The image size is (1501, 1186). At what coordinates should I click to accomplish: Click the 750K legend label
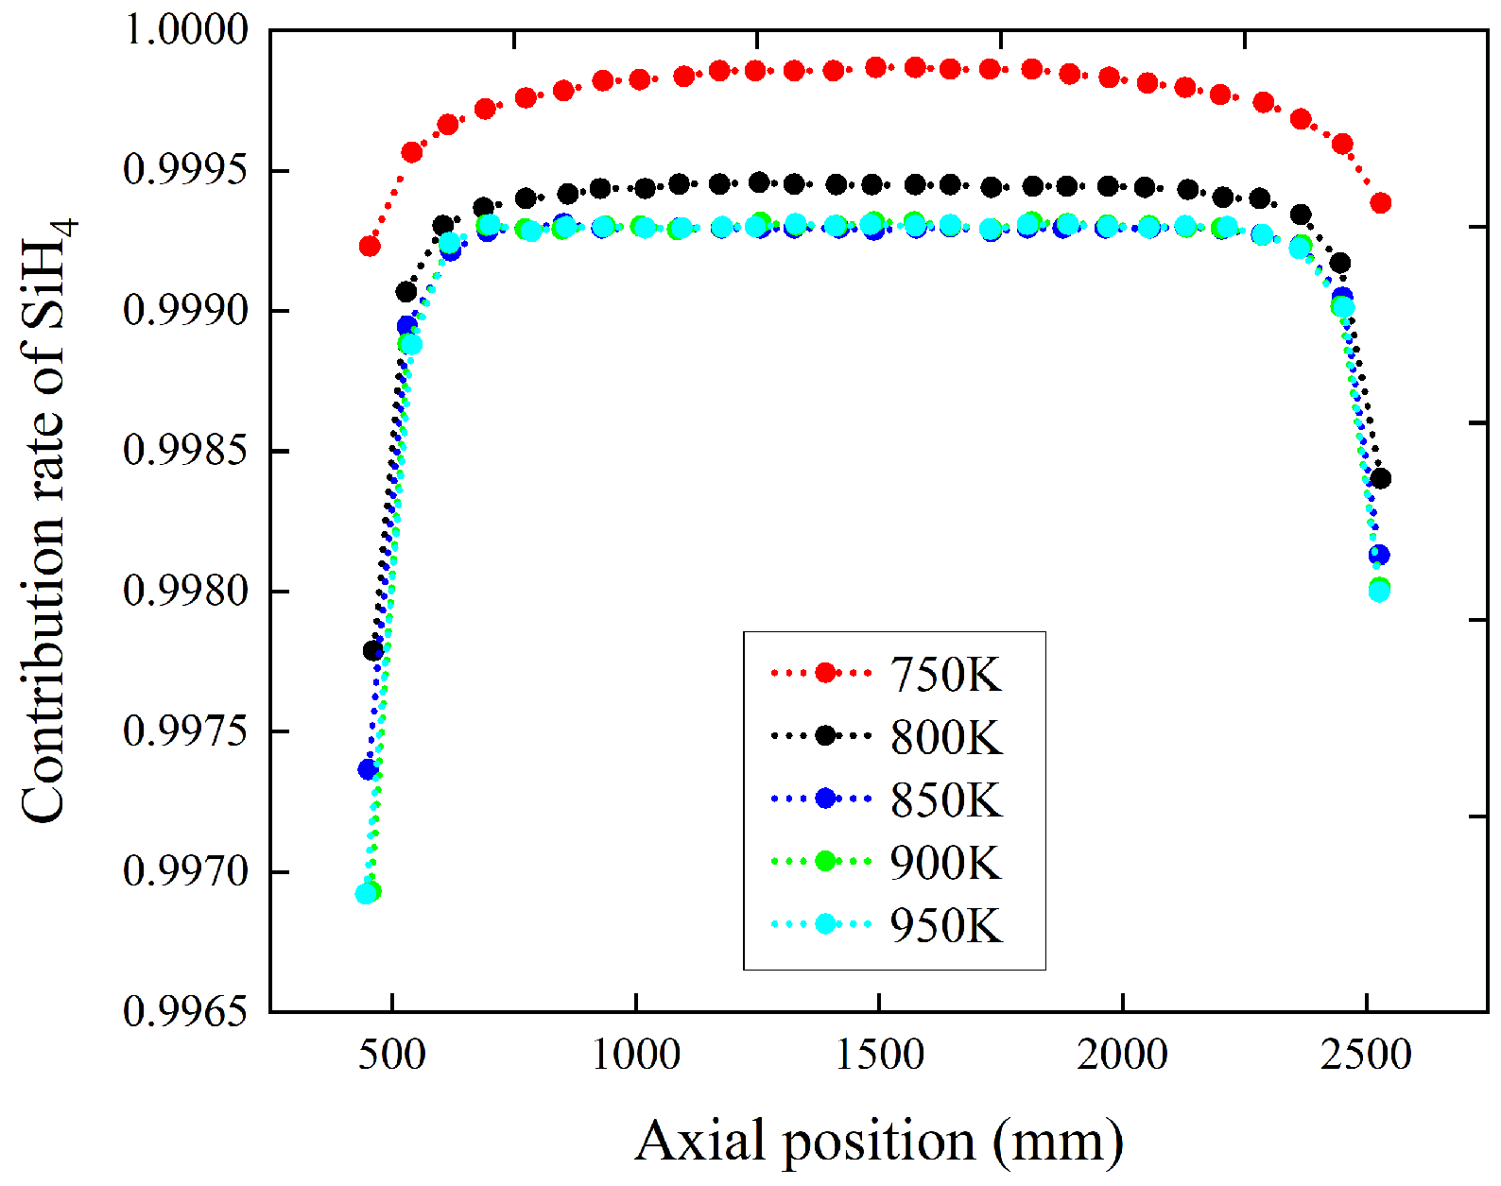tap(945, 675)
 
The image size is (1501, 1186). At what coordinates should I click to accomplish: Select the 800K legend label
tap(945, 737)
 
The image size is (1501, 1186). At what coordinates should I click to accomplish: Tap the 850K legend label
tap(945, 799)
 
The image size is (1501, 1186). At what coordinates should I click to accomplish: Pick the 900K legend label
tap(945, 862)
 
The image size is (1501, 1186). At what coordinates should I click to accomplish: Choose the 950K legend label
tap(945, 924)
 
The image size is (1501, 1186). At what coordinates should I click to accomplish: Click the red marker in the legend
tap(825, 673)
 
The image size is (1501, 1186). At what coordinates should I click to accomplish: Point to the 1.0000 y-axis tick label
tap(186, 30)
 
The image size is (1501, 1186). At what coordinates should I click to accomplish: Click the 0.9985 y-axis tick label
tap(186, 451)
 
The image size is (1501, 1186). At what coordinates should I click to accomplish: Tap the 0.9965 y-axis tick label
tap(186, 1012)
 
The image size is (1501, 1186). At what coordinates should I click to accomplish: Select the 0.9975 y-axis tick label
tap(186, 731)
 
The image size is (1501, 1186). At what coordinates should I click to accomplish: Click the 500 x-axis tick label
tap(391, 1054)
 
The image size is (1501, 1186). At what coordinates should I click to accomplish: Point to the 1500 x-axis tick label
tap(879, 1054)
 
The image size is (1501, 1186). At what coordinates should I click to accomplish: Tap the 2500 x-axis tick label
tap(1366, 1054)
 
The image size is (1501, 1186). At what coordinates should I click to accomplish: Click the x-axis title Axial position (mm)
tap(879, 1141)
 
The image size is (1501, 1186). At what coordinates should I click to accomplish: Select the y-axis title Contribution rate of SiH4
tap(47, 520)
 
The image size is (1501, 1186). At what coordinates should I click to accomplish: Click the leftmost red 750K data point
tap(370, 247)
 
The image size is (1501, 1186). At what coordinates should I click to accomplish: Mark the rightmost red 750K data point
tap(1380, 203)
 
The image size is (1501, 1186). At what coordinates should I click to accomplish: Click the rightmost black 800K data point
tap(1380, 479)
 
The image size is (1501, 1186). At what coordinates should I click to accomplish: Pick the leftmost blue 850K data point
tap(368, 770)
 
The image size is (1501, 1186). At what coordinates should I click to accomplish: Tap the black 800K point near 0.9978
tap(373, 650)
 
